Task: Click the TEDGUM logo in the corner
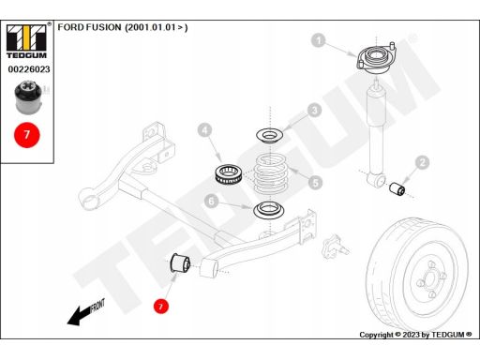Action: [x=27, y=41]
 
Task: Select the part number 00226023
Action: [x=29, y=69]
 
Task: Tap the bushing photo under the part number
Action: [x=29, y=97]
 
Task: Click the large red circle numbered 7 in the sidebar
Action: [x=27, y=135]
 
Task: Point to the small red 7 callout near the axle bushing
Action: [x=160, y=306]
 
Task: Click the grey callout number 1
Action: [x=319, y=40]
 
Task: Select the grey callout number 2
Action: [x=423, y=162]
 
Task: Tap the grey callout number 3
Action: [x=314, y=111]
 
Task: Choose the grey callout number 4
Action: [x=204, y=130]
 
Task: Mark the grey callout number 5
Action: [x=315, y=183]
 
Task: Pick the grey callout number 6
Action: [x=211, y=201]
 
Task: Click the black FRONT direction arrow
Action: [x=80, y=316]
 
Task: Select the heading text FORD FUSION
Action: [x=89, y=27]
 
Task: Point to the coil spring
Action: [x=269, y=173]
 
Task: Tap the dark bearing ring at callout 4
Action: [x=228, y=173]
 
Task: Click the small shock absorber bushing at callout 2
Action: [x=397, y=188]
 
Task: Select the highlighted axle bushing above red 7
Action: [x=180, y=262]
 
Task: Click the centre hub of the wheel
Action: [x=430, y=279]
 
